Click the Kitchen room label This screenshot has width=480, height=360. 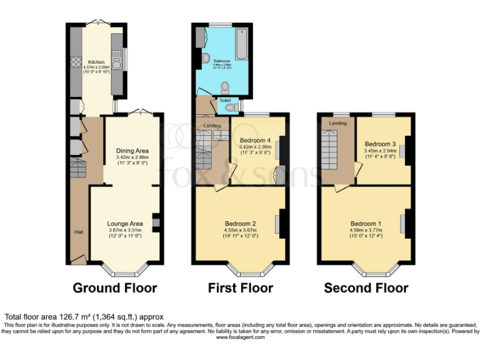[96, 62]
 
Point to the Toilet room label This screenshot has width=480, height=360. [224, 100]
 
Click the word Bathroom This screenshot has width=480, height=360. [223, 61]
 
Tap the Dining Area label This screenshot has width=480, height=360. [132, 151]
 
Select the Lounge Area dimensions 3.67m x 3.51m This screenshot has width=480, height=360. [125, 230]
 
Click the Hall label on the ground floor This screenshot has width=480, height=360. [78, 232]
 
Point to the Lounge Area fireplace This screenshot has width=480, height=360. [156, 222]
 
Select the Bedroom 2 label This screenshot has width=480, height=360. [241, 223]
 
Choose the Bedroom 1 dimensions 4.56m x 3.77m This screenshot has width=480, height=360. [366, 230]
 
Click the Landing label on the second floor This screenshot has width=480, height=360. [338, 123]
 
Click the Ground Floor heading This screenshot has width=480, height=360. [115, 288]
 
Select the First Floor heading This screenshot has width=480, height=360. [241, 288]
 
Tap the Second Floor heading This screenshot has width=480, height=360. [366, 288]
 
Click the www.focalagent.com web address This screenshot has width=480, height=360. [241, 337]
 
